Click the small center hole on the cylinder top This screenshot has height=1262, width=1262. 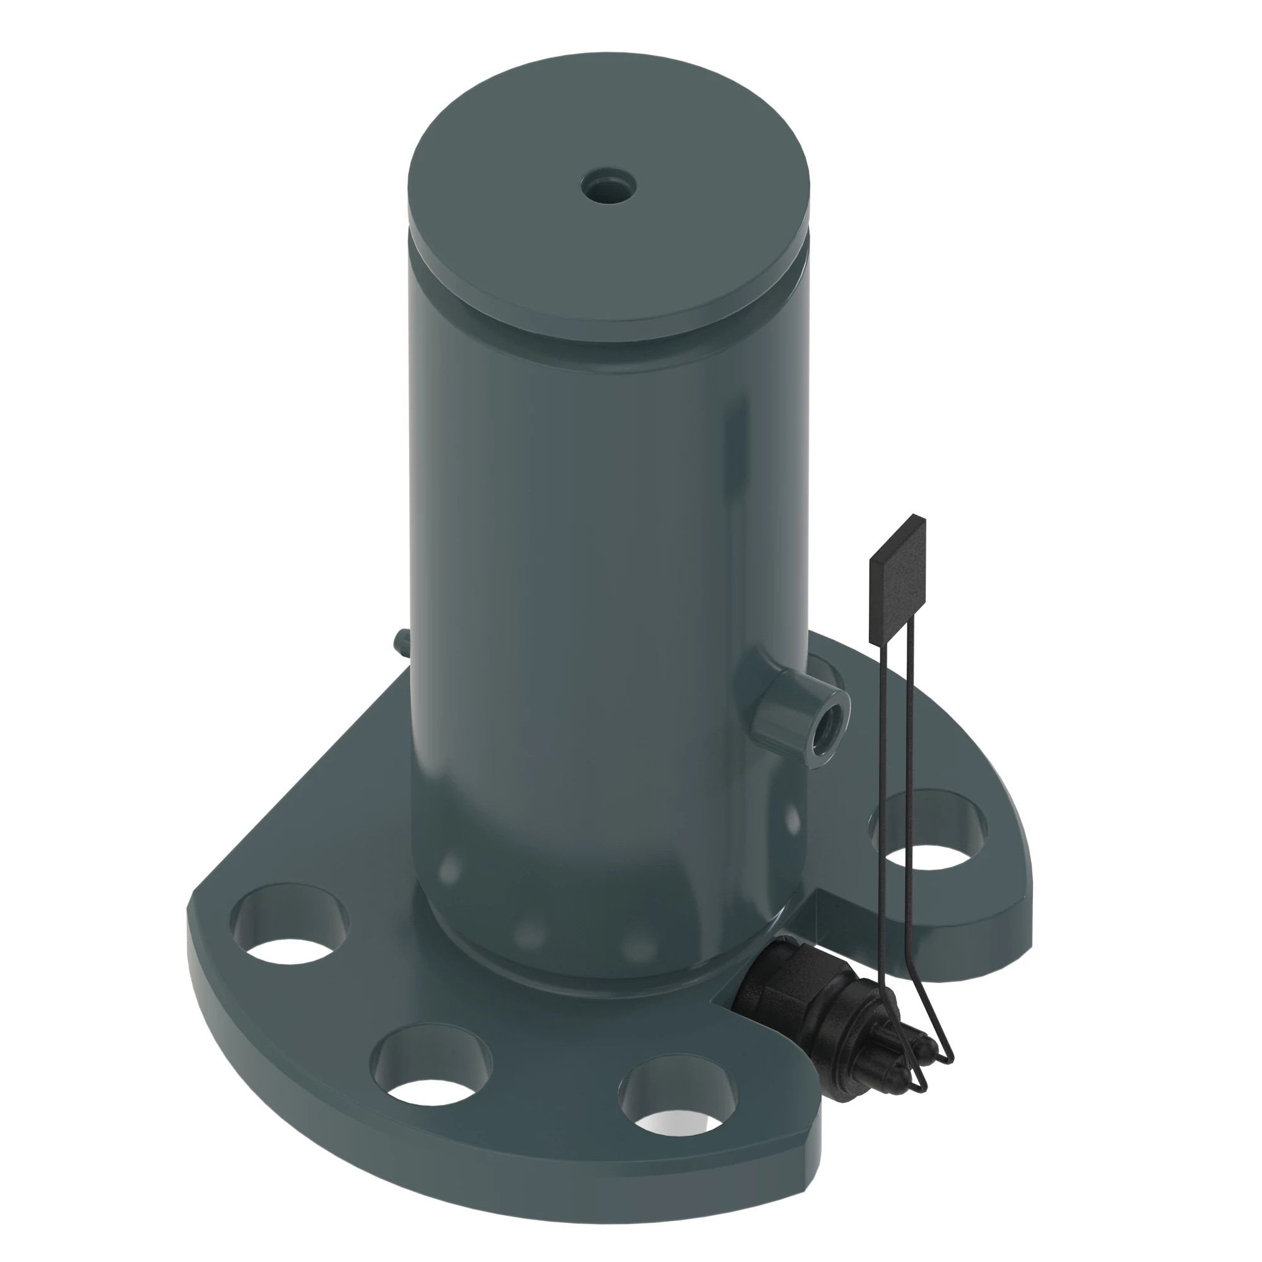tap(609, 185)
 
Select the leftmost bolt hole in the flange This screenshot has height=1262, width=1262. tap(290, 923)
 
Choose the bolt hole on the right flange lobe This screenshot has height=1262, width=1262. tap(928, 830)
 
